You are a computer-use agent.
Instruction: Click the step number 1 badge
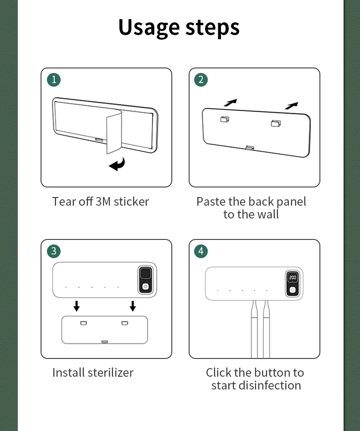pyautogui.click(x=54, y=80)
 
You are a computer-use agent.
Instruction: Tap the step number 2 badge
pyautogui.click(x=201, y=80)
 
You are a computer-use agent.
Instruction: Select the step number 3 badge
pyautogui.click(x=54, y=251)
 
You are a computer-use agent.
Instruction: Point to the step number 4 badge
pyautogui.click(x=201, y=251)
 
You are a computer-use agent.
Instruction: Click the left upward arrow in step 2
pyautogui.click(x=231, y=103)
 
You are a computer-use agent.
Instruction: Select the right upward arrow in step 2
pyautogui.click(x=291, y=105)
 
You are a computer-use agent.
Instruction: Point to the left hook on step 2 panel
pyautogui.click(x=225, y=119)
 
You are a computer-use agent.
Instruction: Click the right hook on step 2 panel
pyautogui.click(x=276, y=123)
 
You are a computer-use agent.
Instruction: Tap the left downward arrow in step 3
pyautogui.click(x=77, y=306)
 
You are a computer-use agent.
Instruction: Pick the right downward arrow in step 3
pyautogui.click(x=133, y=306)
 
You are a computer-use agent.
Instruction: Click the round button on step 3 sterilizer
pyautogui.click(x=145, y=287)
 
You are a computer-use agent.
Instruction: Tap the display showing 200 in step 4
pyautogui.click(x=293, y=277)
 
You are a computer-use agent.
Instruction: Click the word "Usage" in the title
pyautogui.click(x=149, y=28)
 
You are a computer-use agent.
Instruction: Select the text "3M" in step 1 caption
pyautogui.click(x=103, y=202)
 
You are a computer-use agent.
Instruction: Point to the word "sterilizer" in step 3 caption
pyautogui.click(x=111, y=373)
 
